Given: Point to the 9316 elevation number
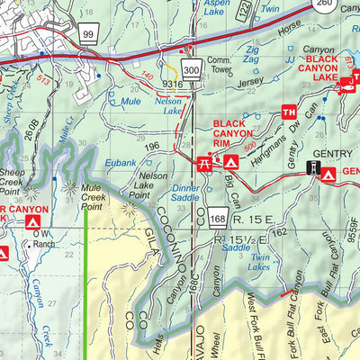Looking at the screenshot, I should click(x=173, y=85).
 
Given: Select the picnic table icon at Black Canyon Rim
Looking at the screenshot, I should click(x=204, y=162).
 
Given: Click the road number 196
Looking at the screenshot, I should click(x=152, y=148).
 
